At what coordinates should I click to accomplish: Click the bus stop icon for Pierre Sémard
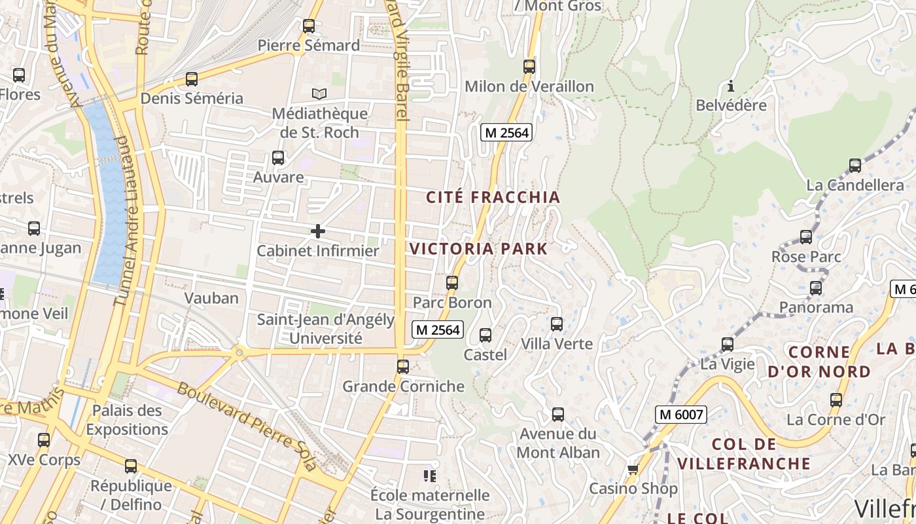click(x=309, y=26)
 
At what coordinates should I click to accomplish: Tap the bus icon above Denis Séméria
click(x=192, y=79)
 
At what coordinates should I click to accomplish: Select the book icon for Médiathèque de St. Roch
click(x=319, y=94)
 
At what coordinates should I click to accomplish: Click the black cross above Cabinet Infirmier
click(x=318, y=231)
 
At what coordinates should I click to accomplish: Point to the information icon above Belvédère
click(x=731, y=86)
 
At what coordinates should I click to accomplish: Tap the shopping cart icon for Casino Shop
click(x=632, y=469)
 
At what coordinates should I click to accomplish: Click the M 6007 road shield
click(x=680, y=415)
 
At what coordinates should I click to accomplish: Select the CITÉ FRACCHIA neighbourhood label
click(x=493, y=197)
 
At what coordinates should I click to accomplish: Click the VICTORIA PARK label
click(x=478, y=249)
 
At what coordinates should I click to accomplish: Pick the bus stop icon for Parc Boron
click(x=452, y=283)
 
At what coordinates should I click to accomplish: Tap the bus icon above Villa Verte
click(x=557, y=324)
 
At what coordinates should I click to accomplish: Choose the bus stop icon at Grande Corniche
click(x=403, y=367)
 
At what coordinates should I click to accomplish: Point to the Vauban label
click(x=211, y=298)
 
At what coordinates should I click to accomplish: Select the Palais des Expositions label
click(x=127, y=420)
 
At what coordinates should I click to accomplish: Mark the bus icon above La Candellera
click(x=855, y=166)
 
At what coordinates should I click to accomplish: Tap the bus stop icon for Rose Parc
click(x=806, y=237)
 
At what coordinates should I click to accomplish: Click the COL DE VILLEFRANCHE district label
click(x=744, y=454)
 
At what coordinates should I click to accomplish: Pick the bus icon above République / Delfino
click(x=131, y=466)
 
